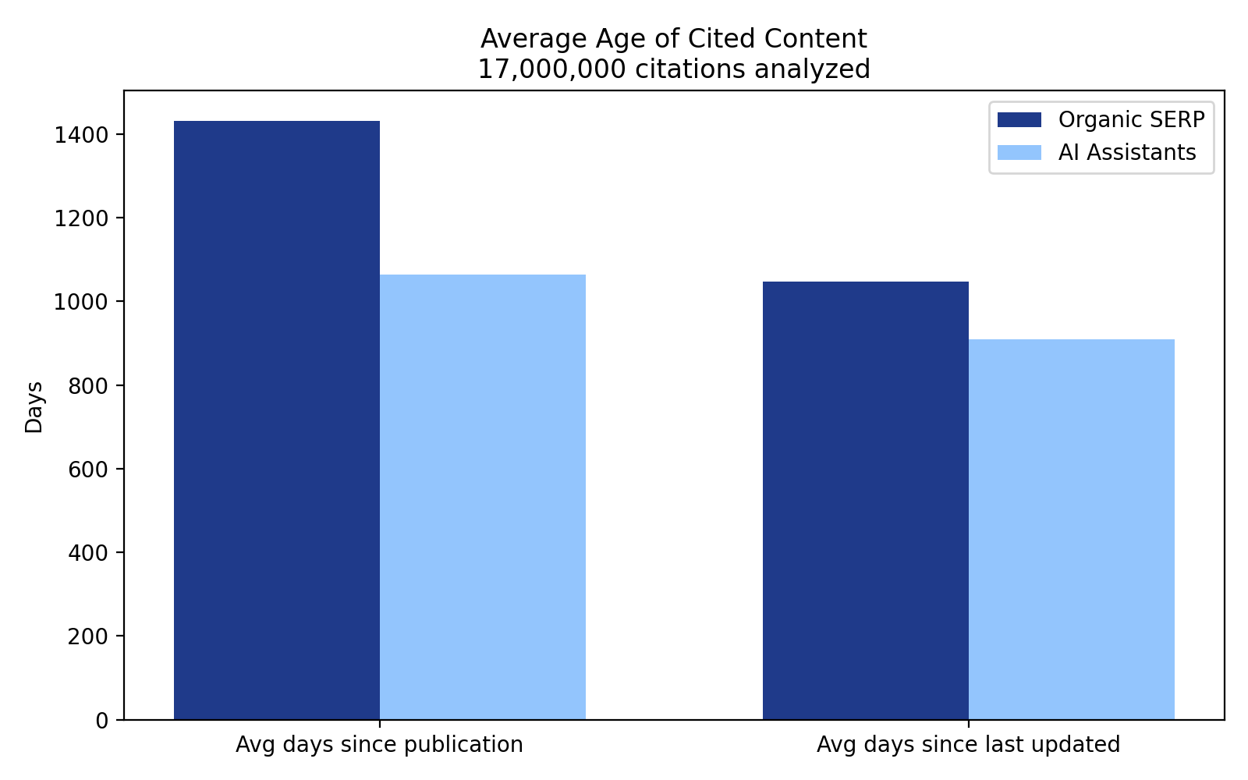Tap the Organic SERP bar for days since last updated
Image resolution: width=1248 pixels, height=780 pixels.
(866, 500)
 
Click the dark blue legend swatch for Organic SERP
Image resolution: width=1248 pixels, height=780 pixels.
(1019, 120)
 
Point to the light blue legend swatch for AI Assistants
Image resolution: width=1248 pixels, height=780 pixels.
(1019, 153)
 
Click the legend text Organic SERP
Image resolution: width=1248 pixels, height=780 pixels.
(1131, 120)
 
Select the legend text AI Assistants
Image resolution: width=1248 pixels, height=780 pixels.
(1127, 153)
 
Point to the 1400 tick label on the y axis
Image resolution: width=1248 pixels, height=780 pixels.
(80, 136)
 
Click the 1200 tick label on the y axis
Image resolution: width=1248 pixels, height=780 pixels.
(80, 219)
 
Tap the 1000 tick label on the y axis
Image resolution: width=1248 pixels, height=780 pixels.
(80, 303)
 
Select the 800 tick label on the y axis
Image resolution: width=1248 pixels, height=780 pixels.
(87, 386)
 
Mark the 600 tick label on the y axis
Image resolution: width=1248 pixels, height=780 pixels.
(87, 470)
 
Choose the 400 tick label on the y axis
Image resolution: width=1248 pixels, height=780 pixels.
(87, 553)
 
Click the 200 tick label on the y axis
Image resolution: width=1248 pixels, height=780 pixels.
(87, 636)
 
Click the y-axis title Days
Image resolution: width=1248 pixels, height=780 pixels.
(34, 406)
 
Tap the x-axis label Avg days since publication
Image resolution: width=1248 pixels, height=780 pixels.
(379, 745)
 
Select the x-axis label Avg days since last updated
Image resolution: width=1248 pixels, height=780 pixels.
(968, 745)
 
